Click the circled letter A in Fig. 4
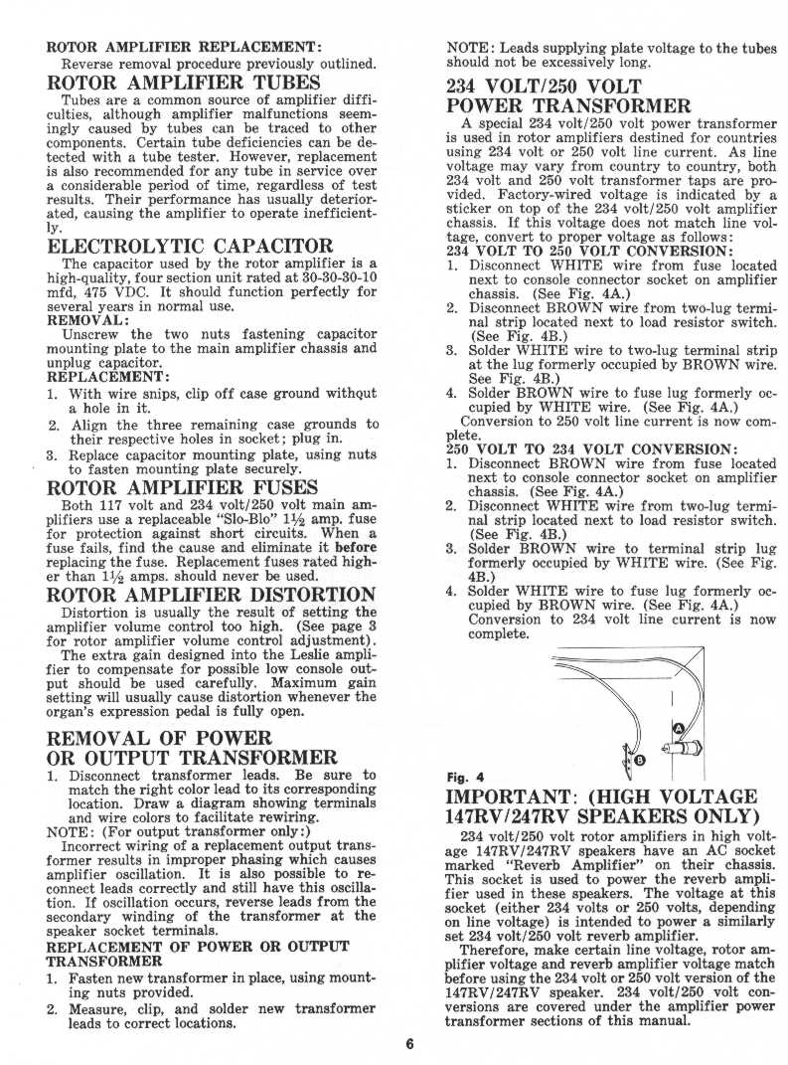pyautogui.click(x=680, y=728)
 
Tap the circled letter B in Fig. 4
pyautogui.click(x=639, y=760)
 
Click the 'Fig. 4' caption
pyautogui.click(x=466, y=777)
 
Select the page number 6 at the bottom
pyautogui.click(x=408, y=1043)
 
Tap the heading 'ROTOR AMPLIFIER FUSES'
pyautogui.click(x=182, y=487)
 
